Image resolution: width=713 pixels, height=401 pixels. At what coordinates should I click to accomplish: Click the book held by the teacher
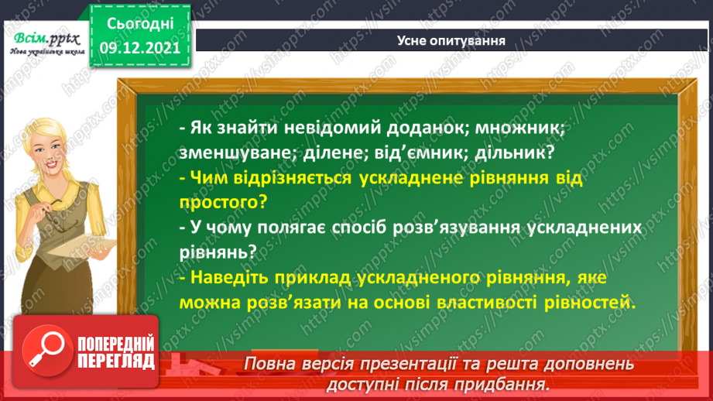coord(97,244)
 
